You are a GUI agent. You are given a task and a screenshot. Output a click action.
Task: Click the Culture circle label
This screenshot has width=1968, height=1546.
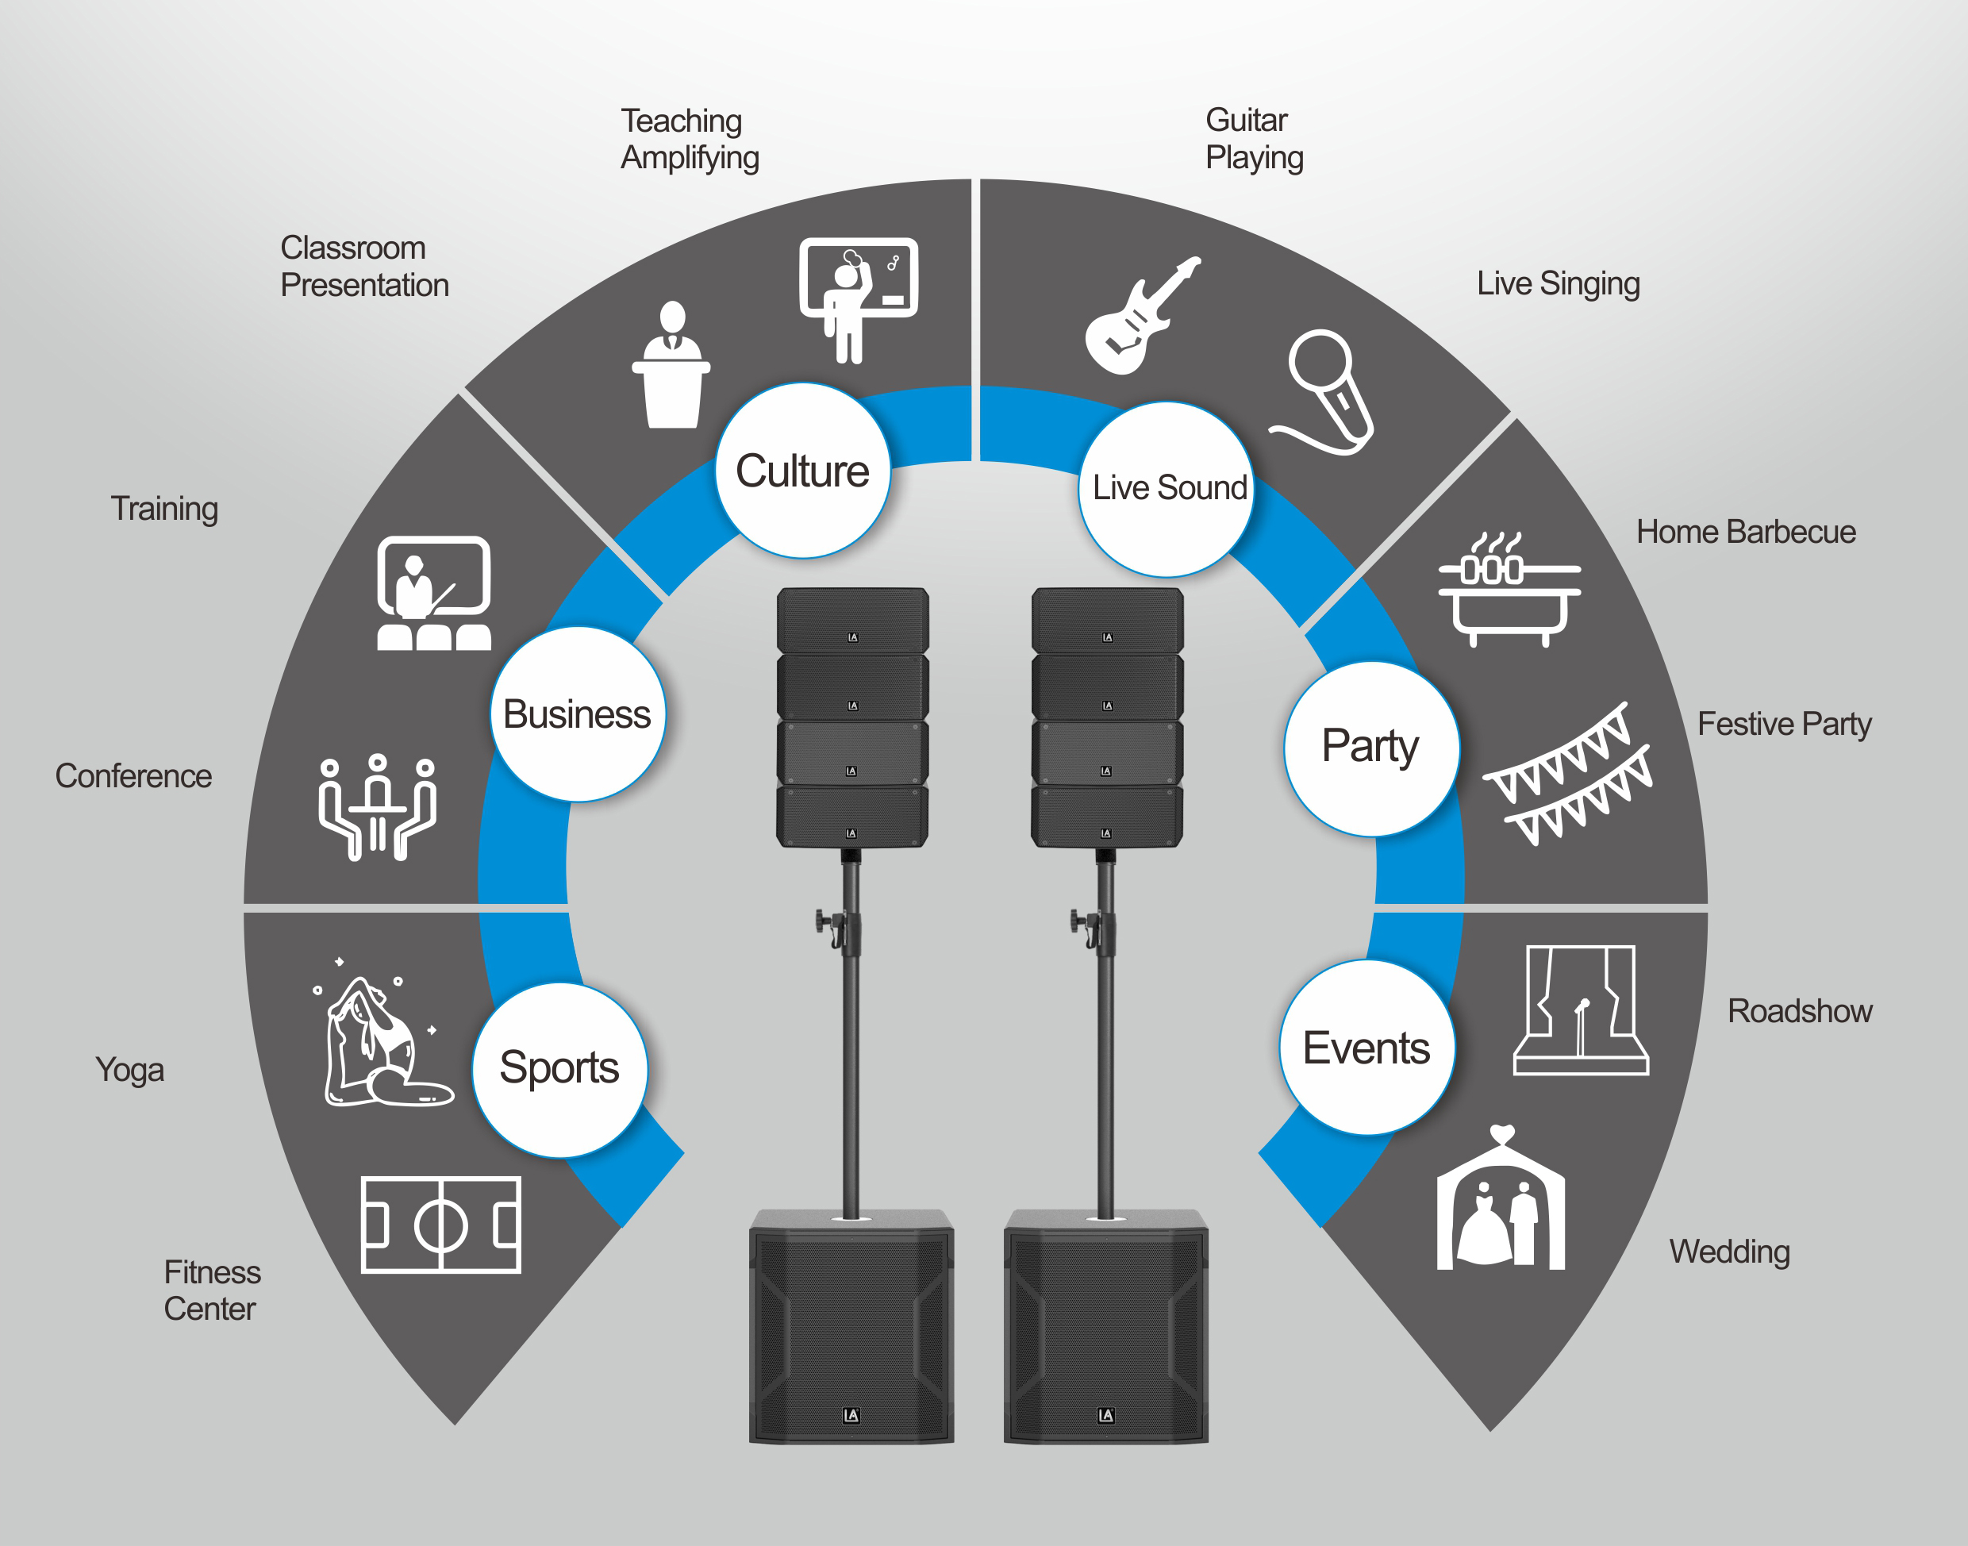(x=802, y=471)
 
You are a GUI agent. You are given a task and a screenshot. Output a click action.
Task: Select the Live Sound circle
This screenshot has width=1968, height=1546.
(x=1167, y=490)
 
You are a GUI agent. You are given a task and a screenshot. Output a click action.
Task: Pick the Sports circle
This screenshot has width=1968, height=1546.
(x=560, y=1070)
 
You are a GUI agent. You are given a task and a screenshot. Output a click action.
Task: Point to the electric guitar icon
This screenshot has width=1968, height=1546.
(x=1143, y=316)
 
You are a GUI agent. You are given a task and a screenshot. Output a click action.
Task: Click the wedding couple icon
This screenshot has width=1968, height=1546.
(x=1501, y=1198)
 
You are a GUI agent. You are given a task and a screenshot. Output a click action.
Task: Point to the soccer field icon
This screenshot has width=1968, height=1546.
(x=440, y=1225)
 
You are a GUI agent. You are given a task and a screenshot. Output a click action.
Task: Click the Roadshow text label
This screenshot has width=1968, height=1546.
(x=1800, y=1011)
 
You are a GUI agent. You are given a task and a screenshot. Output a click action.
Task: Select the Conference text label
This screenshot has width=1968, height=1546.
(x=134, y=775)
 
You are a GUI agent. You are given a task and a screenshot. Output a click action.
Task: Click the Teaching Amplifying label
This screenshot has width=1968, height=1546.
(x=690, y=138)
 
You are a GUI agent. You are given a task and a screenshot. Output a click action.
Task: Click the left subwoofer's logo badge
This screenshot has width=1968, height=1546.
(x=851, y=1416)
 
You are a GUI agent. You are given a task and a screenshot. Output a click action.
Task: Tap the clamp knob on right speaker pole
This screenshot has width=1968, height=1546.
(x=1076, y=921)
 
